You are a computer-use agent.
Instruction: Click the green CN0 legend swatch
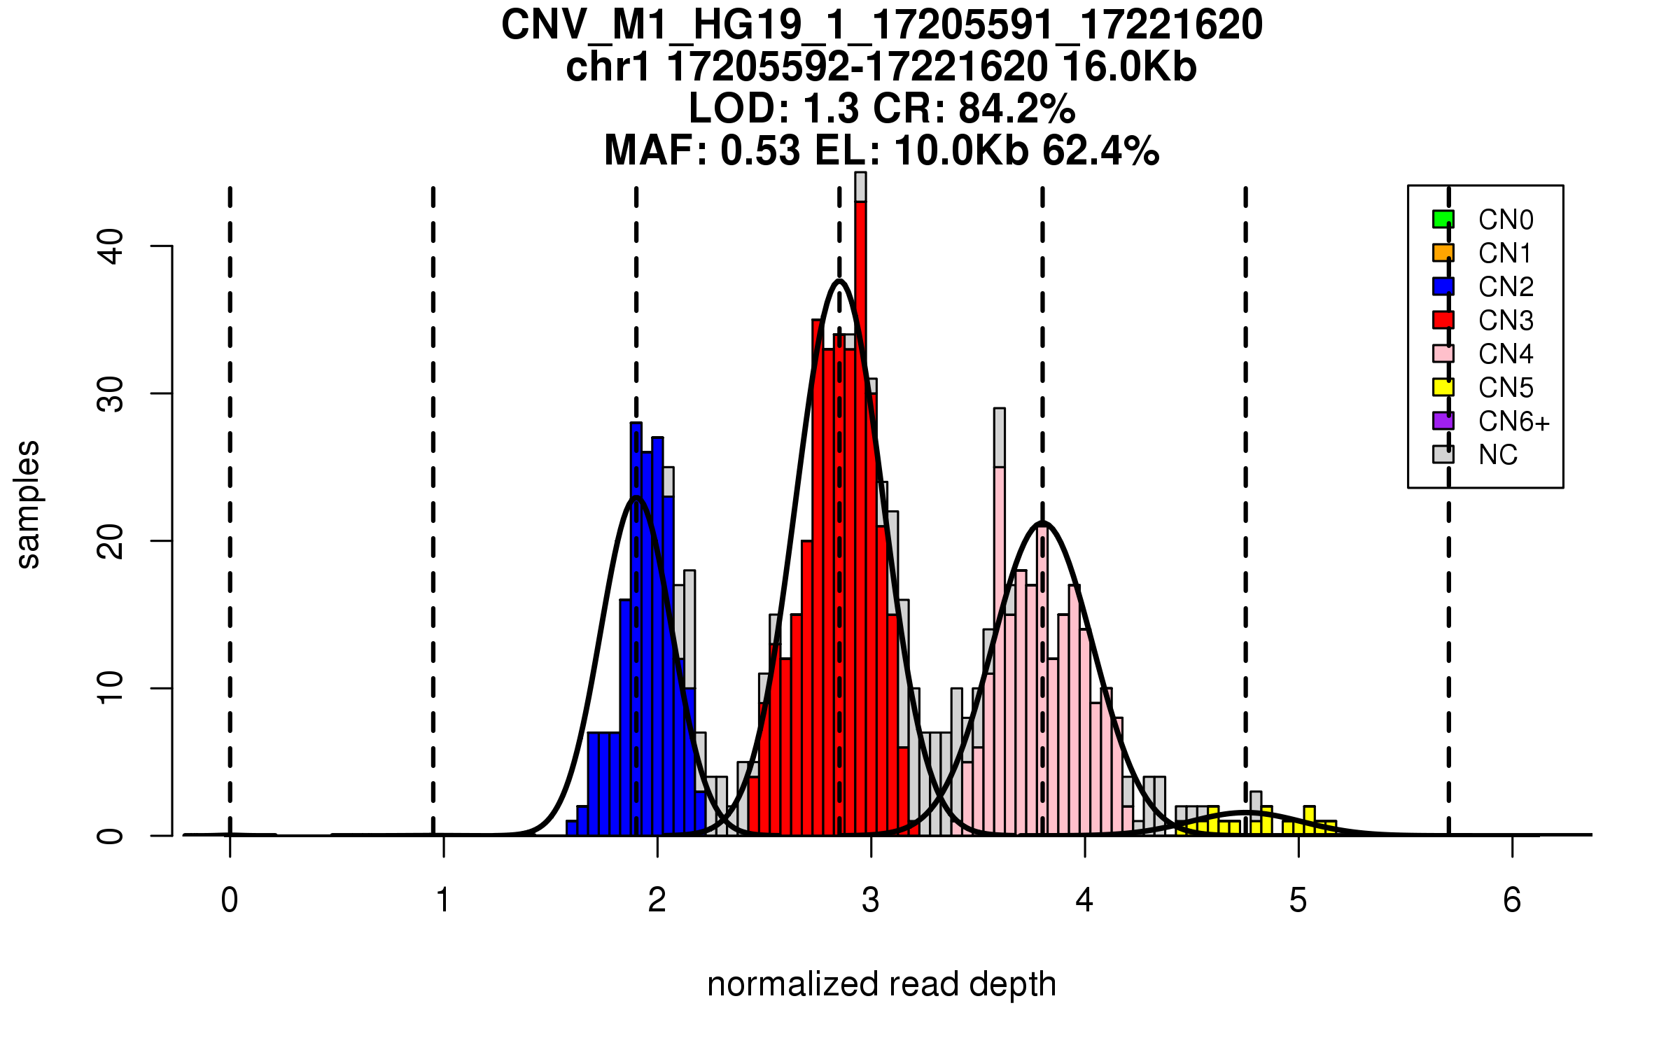point(1443,219)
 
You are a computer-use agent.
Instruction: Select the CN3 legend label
point(1506,321)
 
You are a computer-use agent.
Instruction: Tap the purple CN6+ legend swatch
point(1443,421)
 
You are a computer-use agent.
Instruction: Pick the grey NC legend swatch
point(1443,454)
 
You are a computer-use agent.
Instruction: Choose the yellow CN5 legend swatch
point(1443,387)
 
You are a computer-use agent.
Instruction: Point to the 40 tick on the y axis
point(161,246)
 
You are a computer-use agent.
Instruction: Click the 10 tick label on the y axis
point(111,688)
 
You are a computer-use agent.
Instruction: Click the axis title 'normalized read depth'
point(881,984)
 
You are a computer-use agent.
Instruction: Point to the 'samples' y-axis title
point(28,504)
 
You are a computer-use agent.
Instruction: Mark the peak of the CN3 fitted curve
point(839,281)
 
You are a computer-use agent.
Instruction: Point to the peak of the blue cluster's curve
point(636,497)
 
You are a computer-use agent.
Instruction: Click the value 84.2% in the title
point(1016,108)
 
